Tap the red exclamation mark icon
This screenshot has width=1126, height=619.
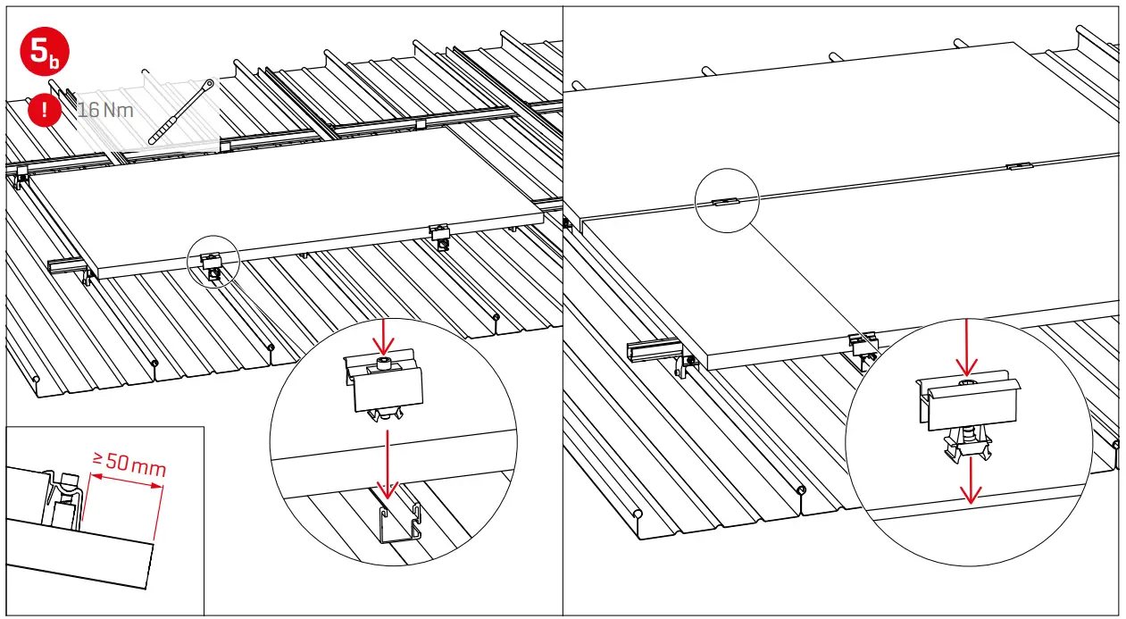45,111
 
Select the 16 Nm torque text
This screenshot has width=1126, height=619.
105,111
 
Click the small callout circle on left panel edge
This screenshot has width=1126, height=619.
213,261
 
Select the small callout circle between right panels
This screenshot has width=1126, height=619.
726,201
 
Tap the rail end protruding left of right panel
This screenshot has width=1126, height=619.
651,354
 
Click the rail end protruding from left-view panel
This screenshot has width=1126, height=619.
66,265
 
